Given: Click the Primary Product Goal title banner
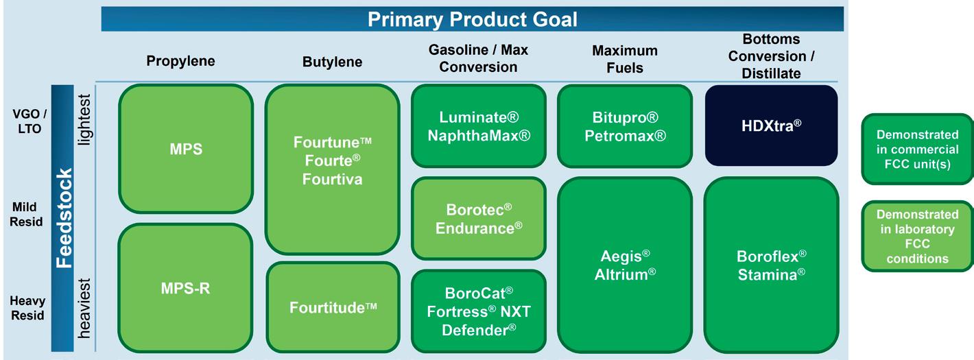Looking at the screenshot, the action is (472, 19).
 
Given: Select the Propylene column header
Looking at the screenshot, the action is (180, 61).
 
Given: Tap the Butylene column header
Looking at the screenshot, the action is (332, 62).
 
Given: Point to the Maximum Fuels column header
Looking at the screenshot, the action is (625, 59).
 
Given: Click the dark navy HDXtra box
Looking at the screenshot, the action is (772, 125).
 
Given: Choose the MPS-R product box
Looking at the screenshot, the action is (185, 288).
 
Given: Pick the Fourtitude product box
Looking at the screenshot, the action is (333, 307).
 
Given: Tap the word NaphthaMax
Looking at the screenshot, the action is (479, 136).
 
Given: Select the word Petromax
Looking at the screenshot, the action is (625, 136).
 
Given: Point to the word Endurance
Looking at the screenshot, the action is (479, 228).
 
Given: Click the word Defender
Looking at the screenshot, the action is (479, 330).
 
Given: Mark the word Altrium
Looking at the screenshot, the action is (625, 274).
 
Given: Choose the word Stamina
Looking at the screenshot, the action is (772, 274).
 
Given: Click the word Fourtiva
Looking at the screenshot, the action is (332, 179).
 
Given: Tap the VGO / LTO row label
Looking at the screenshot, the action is (29, 121).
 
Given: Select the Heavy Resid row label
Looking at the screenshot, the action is (27, 308).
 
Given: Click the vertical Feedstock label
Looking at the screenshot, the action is (64, 218).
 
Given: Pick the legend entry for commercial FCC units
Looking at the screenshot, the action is (918, 149).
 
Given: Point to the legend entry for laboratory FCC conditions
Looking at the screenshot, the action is (918, 236).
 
